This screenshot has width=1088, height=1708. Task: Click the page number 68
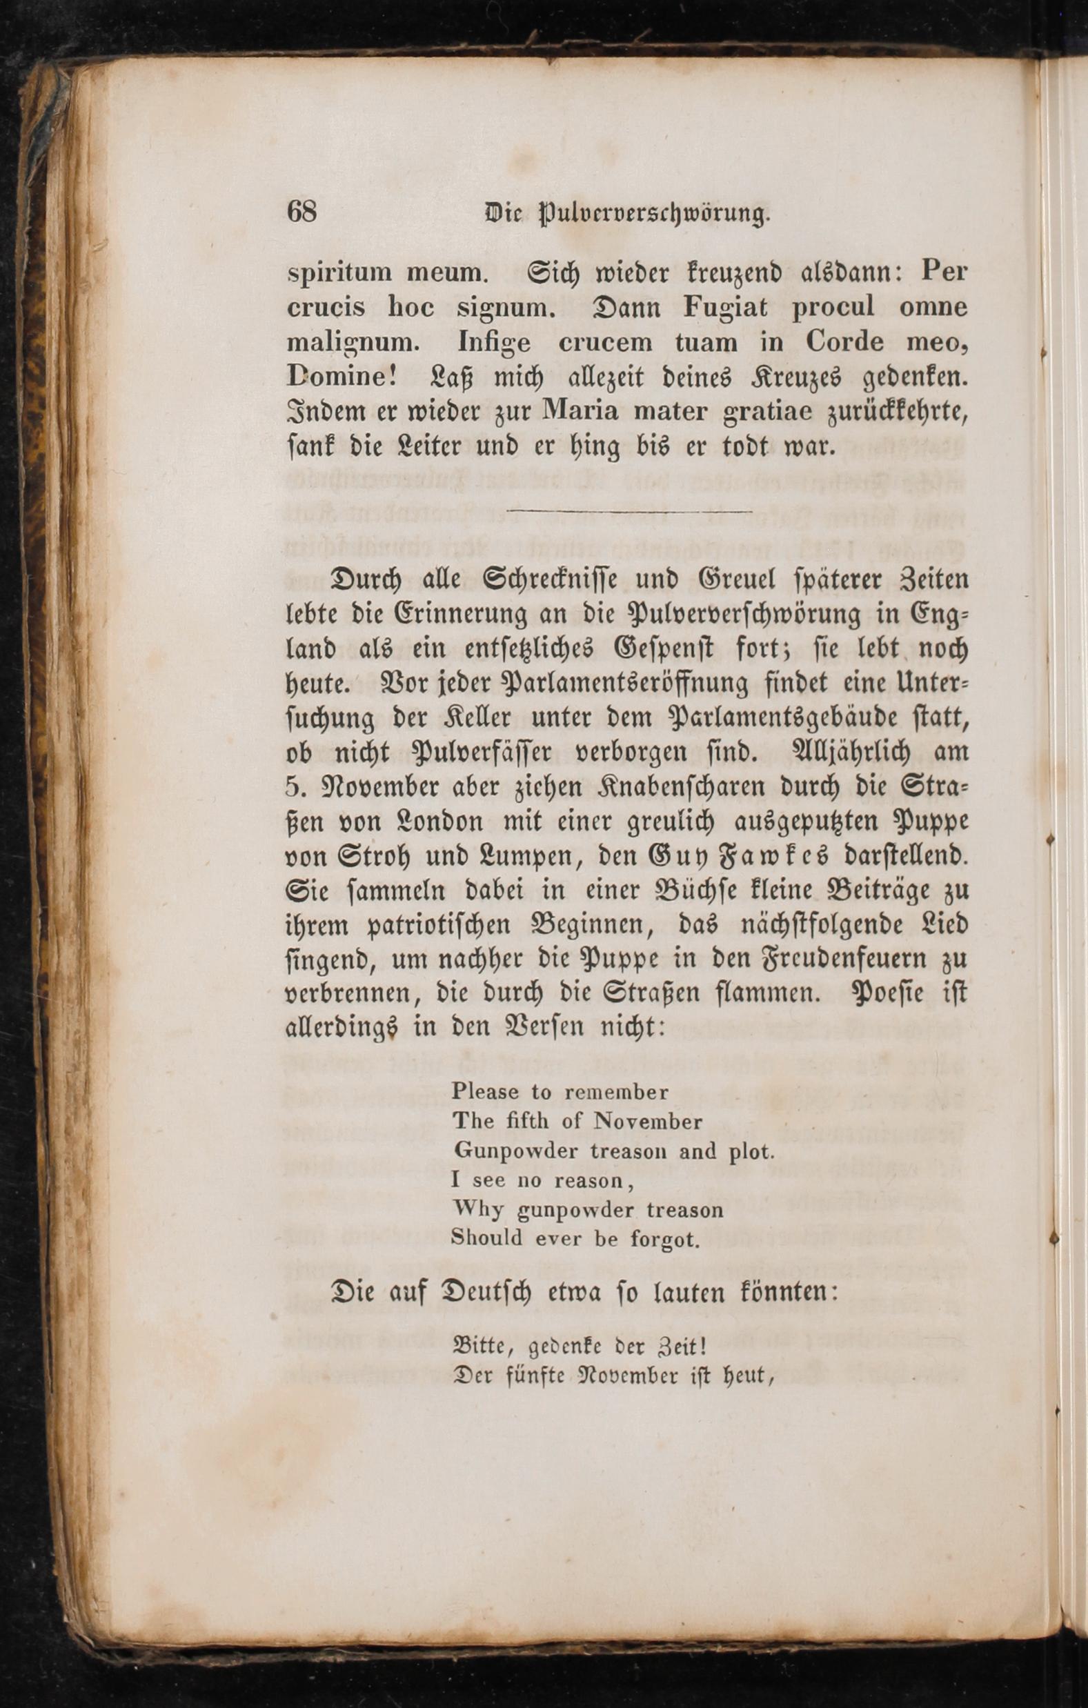click(x=301, y=211)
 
